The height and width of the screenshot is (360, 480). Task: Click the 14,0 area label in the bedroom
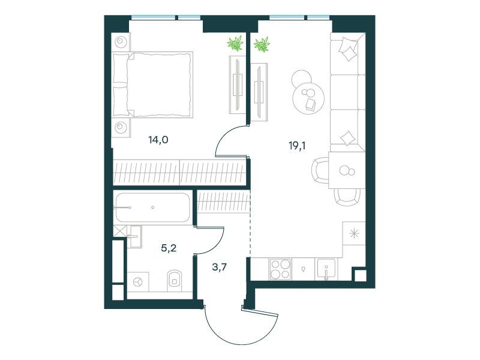point(158,140)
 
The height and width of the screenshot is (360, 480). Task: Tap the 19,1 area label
point(297,146)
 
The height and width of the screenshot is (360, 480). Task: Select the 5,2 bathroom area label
point(169,248)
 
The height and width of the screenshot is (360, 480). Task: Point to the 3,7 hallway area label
point(220,267)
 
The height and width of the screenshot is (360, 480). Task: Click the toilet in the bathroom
point(175,280)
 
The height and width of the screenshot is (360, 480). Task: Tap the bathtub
point(153,208)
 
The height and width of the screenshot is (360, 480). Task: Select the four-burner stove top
point(280,269)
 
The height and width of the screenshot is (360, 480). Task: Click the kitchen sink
point(326,269)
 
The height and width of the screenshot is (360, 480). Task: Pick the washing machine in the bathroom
point(138,281)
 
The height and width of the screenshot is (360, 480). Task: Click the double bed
point(153,85)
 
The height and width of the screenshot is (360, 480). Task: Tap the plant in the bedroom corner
point(235,43)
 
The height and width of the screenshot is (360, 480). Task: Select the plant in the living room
point(262,44)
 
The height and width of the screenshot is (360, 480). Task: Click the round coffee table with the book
point(308,98)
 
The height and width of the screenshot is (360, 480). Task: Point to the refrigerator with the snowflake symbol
point(354,233)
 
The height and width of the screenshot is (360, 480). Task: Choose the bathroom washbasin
point(134,236)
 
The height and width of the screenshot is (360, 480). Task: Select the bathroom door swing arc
point(219,245)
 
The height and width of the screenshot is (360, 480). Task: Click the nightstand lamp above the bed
point(121,41)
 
